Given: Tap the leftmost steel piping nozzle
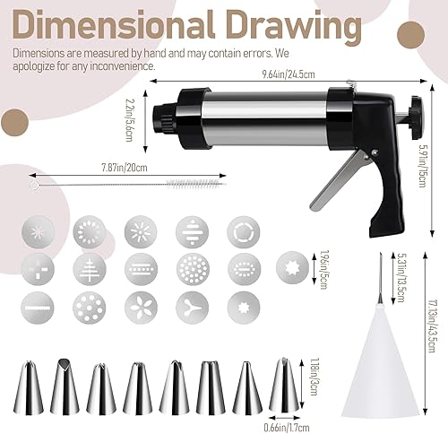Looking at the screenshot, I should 30,386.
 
